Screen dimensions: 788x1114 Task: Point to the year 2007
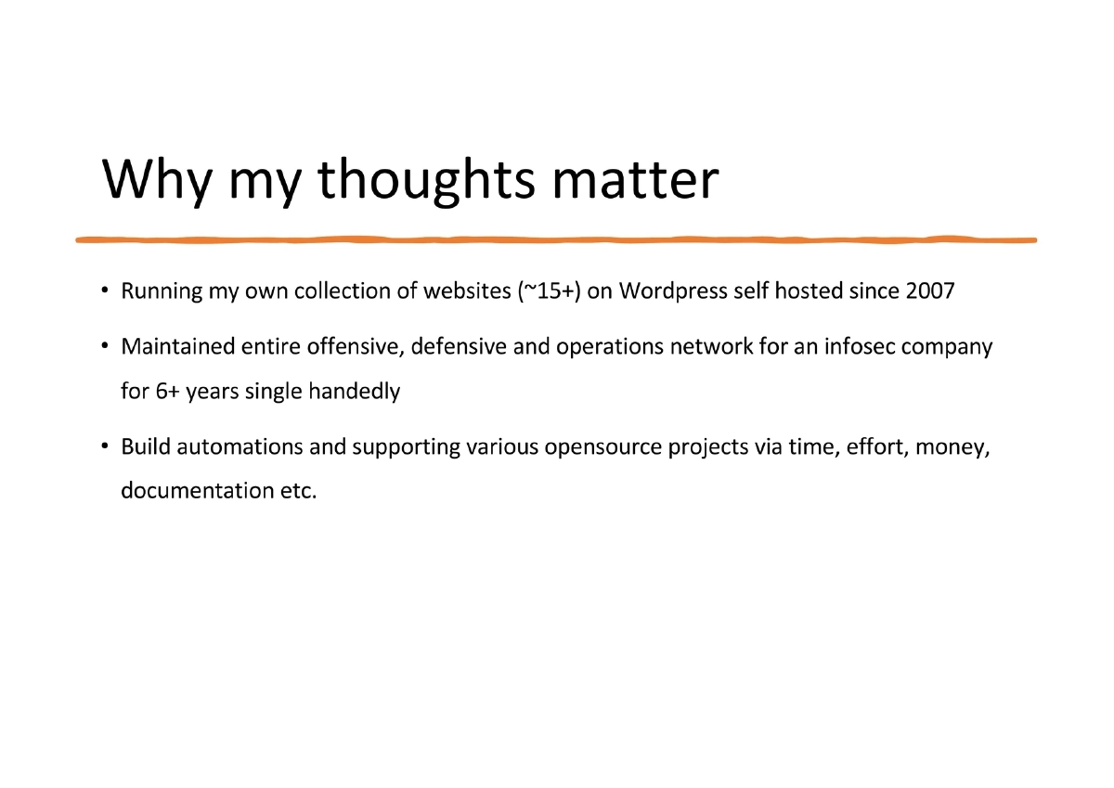pyautogui.click(x=929, y=291)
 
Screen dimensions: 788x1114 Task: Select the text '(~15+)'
pyautogui.click(x=548, y=291)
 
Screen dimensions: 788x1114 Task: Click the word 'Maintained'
pyautogui.click(x=177, y=347)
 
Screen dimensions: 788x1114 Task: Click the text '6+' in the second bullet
pyautogui.click(x=167, y=392)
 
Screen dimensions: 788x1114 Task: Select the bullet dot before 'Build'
pyautogui.click(x=107, y=448)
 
